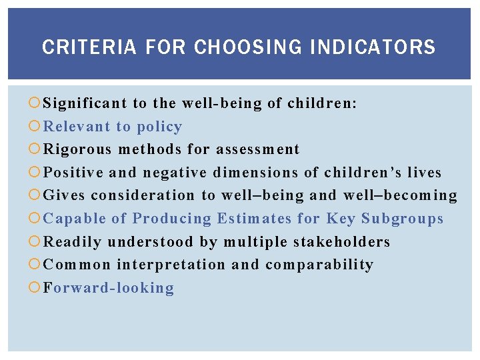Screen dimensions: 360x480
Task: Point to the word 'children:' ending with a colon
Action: [322, 103]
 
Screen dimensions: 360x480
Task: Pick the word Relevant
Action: [77, 127]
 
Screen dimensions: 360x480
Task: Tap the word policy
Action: [159, 127]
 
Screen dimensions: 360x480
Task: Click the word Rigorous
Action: [77, 149]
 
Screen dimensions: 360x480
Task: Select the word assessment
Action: [258, 149]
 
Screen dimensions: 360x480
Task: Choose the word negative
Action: [175, 173]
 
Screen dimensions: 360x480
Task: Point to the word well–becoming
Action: [400, 195]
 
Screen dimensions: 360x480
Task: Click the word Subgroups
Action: [402, 219]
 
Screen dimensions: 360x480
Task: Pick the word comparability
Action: [319, 265]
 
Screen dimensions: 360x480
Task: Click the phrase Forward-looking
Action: [109, 288]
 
